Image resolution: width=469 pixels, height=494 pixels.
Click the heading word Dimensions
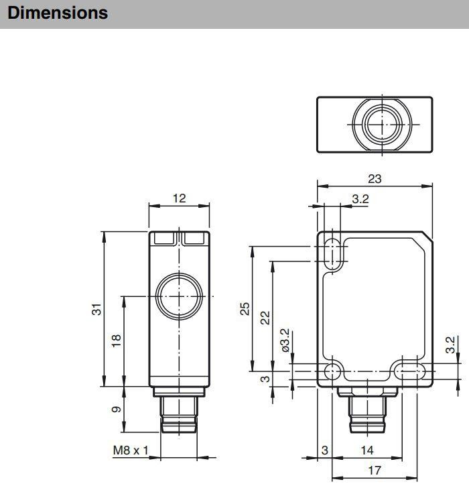(x=58, y=13)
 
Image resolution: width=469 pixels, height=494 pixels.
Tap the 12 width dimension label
(x=179, y=198)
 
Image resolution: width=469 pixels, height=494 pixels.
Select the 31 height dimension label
(x=96, y=309)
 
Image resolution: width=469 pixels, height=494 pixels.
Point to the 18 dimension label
(x=116, y=341)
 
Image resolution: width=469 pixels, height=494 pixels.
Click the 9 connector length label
(x=116, y=410)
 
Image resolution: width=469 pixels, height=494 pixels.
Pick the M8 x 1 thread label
(x=131, y=450)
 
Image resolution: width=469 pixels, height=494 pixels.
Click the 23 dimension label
(x=375, y=179)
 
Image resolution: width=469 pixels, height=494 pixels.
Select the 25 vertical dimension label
(x=245, y=309)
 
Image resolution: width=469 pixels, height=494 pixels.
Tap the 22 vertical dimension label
(x=265, y=318)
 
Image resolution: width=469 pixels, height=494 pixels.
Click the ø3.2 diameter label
(x=285, y=341)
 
